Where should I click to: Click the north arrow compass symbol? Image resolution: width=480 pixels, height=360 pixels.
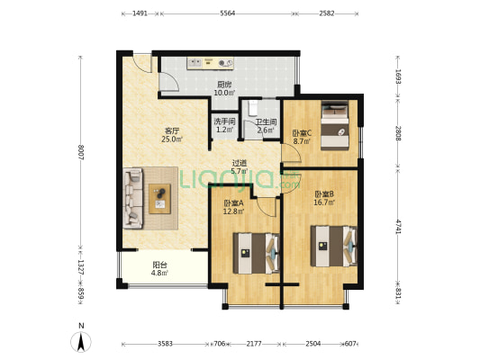coord(81,342)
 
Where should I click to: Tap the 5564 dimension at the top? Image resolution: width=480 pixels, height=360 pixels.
coord(228,13)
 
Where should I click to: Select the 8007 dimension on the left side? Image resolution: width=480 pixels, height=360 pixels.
coord(81,152)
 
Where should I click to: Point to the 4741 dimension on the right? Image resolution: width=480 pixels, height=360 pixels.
coord(398,227)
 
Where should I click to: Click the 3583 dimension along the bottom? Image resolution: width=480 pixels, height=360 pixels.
coord(165,344)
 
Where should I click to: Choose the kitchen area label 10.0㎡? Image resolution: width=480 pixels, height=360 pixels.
coord(224,93)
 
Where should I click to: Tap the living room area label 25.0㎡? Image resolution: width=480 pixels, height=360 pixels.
coord(172,139)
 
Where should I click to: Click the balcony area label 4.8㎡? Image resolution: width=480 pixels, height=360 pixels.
coord(159,273)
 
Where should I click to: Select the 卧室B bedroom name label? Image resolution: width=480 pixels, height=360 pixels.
coord(324,193)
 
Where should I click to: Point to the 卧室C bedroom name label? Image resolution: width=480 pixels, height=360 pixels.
coord(303,133)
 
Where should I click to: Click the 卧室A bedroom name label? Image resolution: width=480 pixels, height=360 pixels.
coord(233,202)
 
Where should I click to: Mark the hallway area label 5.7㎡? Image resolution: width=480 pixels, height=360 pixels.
coord(239,171)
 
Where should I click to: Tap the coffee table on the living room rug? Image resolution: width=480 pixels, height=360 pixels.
coord(159,199)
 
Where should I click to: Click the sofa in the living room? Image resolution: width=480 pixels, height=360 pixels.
coord(133,198)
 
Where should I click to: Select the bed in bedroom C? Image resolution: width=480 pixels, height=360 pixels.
coord(335,126)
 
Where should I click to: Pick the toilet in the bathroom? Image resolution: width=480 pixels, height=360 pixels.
coord(253,108)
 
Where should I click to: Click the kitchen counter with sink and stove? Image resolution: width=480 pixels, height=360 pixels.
coord(211,63)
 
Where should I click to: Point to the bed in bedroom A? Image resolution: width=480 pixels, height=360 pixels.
coord(256,253)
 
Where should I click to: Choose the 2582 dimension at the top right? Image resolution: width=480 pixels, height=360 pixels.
coord(327,13)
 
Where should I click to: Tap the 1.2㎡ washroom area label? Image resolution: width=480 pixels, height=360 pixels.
coord(225,130)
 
